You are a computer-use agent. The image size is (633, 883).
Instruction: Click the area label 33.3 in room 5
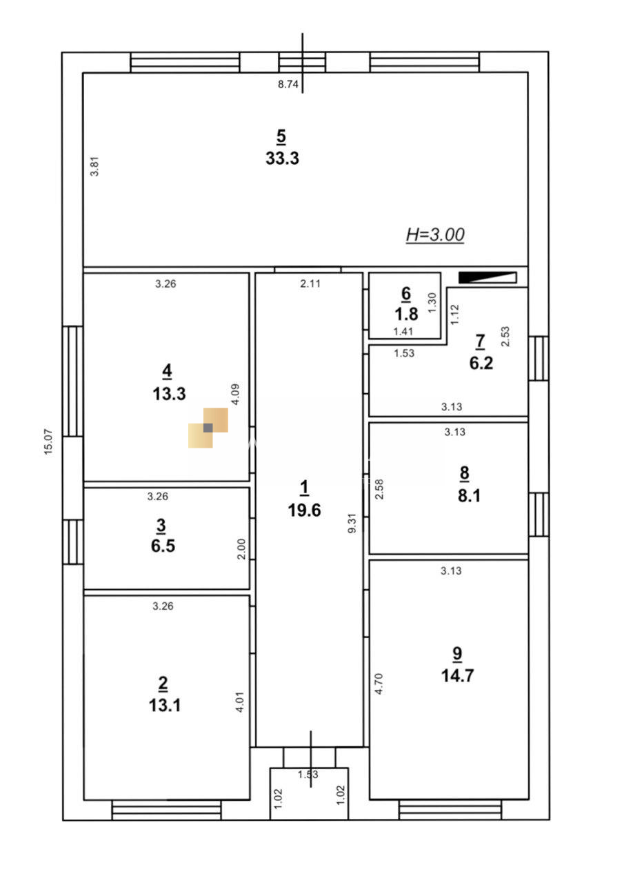282,159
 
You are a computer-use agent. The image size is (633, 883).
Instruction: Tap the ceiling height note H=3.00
435,235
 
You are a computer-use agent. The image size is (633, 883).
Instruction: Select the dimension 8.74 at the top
288,84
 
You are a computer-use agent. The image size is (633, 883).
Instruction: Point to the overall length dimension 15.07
48,441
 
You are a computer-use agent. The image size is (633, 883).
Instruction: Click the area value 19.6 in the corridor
304,510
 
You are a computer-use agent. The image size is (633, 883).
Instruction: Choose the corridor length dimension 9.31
352,523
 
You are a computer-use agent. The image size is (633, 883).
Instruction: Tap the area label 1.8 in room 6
406,314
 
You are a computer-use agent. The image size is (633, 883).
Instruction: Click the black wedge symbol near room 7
488,277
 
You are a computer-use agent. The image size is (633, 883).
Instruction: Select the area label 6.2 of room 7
481,363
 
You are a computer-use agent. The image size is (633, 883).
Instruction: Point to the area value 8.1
469,495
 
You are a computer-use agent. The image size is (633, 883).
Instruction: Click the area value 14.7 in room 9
457,675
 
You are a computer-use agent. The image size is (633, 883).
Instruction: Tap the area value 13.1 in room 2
165,706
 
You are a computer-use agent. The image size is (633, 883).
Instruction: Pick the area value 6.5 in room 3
163,546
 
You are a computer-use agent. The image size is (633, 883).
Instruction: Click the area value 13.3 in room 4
169,394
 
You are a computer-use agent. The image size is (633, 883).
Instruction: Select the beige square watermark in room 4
208,428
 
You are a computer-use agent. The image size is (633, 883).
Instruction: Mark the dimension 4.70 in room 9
379,684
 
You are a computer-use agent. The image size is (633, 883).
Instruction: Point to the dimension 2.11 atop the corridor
310,284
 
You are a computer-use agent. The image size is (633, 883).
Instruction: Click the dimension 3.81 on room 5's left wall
94,166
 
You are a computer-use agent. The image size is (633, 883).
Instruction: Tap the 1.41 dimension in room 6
403,332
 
